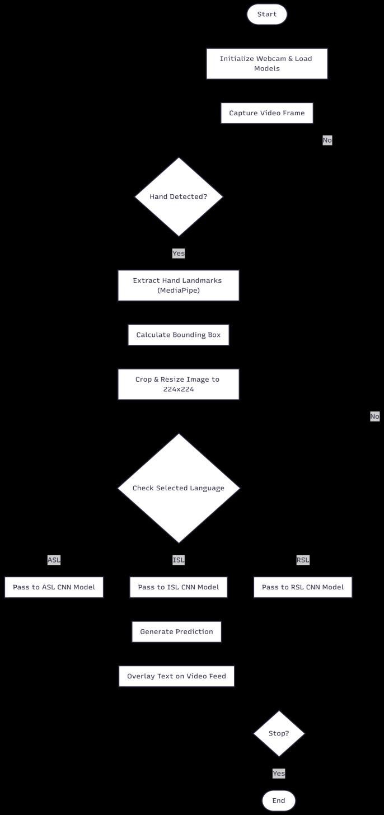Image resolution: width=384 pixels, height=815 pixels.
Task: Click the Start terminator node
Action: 267,14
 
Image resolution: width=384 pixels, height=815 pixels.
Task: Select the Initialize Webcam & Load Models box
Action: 267,64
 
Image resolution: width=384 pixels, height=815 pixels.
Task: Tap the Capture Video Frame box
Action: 267,113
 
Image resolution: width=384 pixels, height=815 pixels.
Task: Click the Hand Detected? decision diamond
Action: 179,197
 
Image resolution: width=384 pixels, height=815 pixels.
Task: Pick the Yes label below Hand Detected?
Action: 179,253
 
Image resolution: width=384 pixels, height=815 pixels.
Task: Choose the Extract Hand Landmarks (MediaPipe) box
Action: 179,285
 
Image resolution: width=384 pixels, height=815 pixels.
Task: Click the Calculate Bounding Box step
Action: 179,335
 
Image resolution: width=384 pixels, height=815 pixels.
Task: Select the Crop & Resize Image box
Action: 179,384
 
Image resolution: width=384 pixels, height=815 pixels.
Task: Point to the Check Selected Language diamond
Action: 179,488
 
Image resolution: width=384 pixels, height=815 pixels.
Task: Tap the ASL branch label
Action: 54,560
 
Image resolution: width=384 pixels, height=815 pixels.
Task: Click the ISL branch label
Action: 179,560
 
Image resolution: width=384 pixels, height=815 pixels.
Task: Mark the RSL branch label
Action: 303,560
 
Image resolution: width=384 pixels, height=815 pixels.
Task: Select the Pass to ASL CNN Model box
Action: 54,587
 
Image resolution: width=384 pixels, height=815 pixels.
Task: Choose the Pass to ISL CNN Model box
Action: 179,587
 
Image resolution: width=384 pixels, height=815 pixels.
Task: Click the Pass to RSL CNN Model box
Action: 303,587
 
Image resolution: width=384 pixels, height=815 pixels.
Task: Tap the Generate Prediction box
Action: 176,631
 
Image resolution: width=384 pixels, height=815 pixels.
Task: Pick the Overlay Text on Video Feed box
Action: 176,676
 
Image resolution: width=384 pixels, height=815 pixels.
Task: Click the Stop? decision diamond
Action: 279,733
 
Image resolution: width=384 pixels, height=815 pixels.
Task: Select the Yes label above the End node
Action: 279,773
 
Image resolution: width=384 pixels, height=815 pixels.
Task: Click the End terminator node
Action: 279,800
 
